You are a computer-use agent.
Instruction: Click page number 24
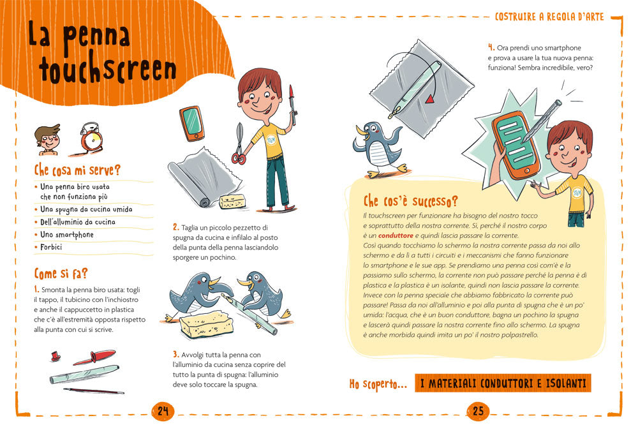[162, 411]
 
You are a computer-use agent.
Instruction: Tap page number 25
[478, 411]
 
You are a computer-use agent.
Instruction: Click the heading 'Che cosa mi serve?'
[77, 170]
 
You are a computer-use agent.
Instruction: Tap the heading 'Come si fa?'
[61, 274]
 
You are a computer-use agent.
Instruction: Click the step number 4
[491, 47]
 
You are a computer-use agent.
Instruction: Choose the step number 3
[175, 354]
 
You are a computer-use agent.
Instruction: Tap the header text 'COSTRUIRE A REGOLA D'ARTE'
[549, 17]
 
